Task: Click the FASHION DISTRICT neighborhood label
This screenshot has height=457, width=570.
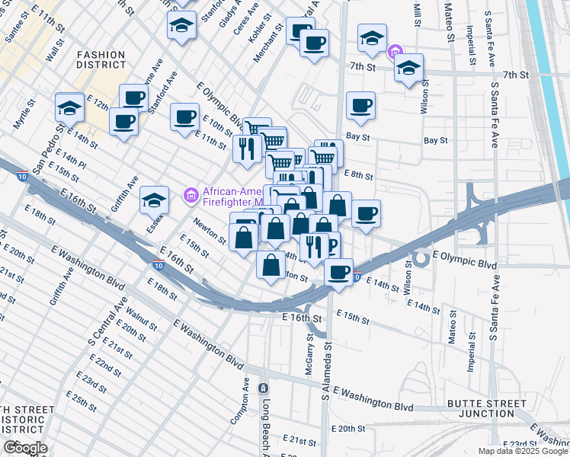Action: coord(101,59)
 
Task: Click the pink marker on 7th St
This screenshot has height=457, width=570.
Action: coord(394,52)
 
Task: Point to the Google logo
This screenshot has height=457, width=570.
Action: coord(25,448)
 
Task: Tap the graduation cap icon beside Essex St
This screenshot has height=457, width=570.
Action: coord(155,200)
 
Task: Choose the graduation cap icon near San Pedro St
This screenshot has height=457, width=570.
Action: coord(69,107)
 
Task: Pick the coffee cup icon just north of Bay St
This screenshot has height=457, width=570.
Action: coord(361,105)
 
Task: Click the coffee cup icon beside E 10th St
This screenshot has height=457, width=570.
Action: coord(184,117)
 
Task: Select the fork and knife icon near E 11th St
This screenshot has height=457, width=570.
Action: coord(246,146)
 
